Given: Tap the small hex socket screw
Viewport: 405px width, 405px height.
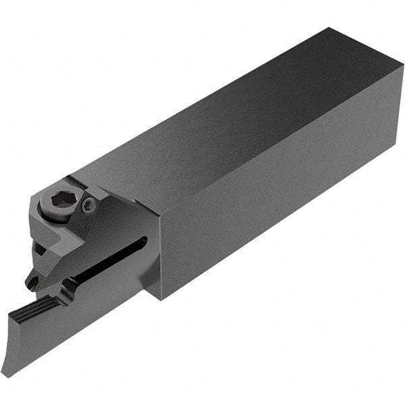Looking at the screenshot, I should point(87,207).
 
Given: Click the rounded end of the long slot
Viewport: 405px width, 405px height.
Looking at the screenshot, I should point(142,242).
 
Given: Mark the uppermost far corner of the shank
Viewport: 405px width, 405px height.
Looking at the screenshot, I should point(328,28).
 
